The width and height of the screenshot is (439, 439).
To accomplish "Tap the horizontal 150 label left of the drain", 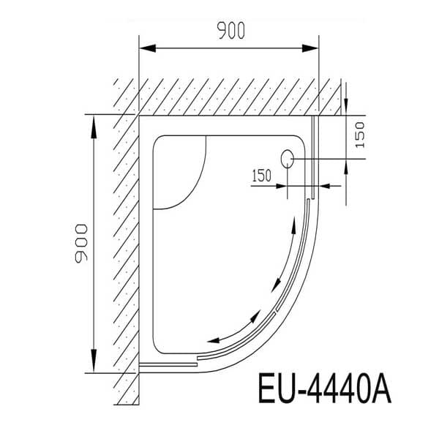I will [261, 176].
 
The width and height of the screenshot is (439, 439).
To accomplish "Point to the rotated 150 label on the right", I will [359, 135].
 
